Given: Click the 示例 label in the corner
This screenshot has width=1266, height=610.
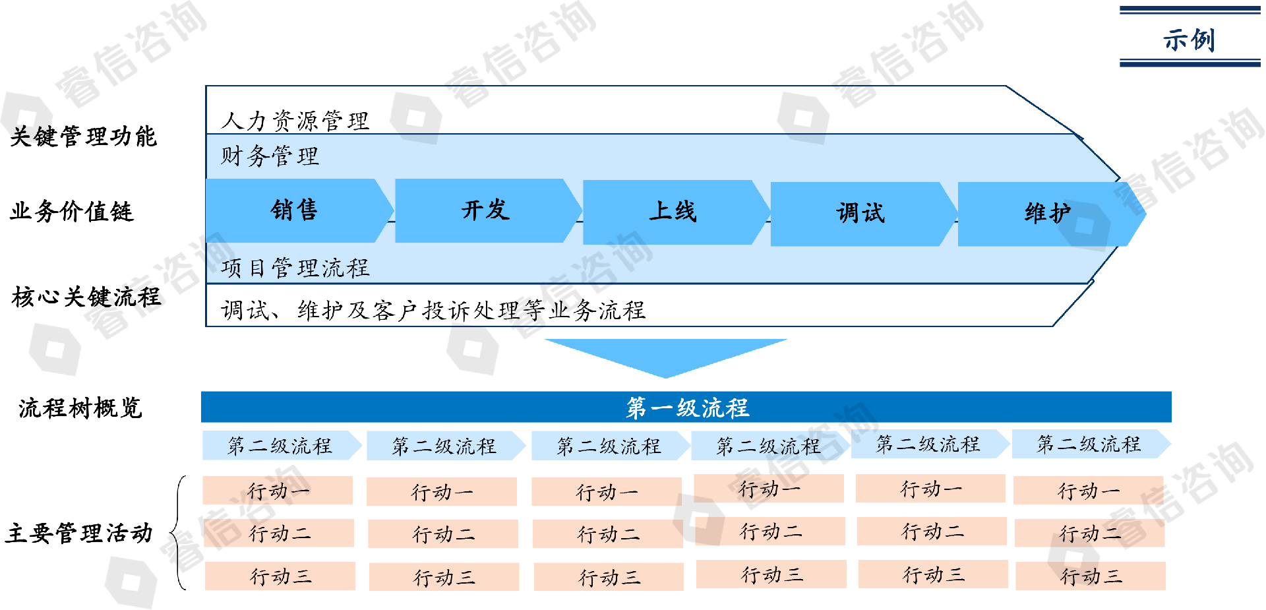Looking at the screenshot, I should [x=1189, y=39].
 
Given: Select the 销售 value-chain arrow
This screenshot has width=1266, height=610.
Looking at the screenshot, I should [x=295, y=210].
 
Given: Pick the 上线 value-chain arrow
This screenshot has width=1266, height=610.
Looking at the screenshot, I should [x=673, y=212].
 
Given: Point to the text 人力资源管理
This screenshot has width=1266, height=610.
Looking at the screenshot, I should [x=295, y=121].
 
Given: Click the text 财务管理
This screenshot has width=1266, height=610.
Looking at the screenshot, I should [x=270, y=156].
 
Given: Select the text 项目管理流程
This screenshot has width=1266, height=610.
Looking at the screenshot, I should [x=295, y=268].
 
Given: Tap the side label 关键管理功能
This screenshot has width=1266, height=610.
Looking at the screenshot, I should [x=83, y=137].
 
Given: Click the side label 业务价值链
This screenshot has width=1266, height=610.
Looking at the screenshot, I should [x=71, y=212].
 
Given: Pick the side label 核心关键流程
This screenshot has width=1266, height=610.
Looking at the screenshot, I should [x=86, y=297].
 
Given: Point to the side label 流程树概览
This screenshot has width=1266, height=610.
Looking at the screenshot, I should [x=80, y=408].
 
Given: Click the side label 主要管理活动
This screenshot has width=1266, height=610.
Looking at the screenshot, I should [x=78, y=533].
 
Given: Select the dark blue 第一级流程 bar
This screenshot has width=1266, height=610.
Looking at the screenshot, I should [x=686, y=408].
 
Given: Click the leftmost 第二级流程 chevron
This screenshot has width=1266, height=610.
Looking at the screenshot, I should [x=280, y=446].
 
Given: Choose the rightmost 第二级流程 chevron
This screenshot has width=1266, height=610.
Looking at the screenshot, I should [x=1089, y=444].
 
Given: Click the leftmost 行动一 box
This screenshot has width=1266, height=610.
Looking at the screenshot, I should [x=278, y=491].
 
